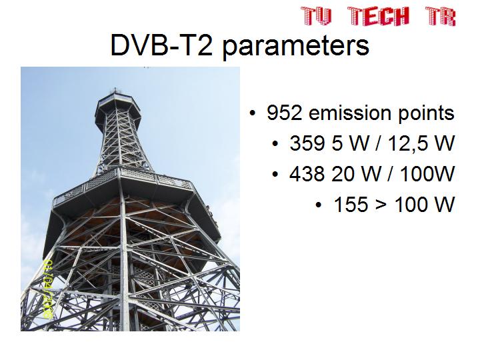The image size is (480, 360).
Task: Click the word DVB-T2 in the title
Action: [x=161, y=45]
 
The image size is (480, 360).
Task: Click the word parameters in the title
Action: [x=296, y=47]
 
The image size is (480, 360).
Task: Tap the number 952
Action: [x=285, y=113]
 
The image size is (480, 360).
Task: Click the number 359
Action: [x=307, y=143]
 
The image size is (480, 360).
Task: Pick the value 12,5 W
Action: [x=421, y=143]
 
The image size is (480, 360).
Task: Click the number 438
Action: [x=307, y=173]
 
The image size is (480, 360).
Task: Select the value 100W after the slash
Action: [x=427, y=173]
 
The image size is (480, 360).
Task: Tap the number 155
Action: [x=351, y=204]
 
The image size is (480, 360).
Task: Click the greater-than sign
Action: [x=381, y=205]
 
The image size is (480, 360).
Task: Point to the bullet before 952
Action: [x=252, y=113]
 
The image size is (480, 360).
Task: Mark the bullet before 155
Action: [x=319, y=205]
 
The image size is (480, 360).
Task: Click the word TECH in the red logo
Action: [x=379, y=16]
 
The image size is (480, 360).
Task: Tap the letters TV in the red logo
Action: [x=317, y=16]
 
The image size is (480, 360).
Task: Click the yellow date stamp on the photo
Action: [x=49, y=289]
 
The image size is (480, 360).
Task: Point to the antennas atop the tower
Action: [x=116, y=91]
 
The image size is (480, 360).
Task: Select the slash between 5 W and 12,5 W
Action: [x=379, y=143]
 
